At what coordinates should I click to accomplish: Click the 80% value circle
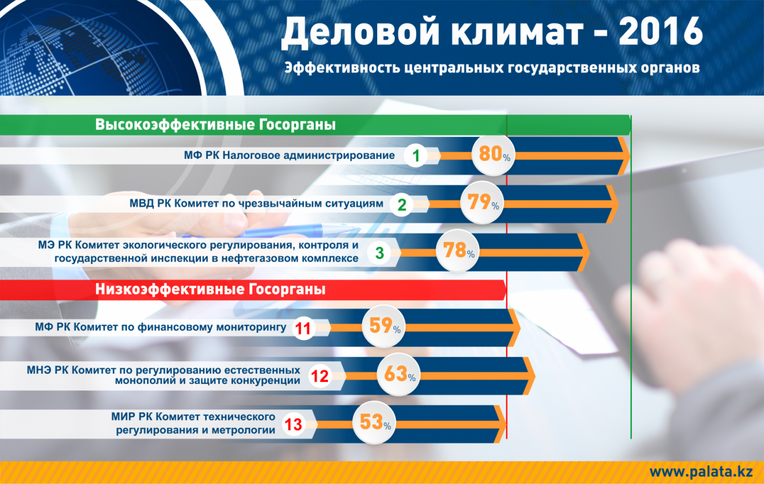pyautogui.click(x=493, y=155)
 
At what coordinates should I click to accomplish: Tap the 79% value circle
pyautogui.click(x=482, y=203)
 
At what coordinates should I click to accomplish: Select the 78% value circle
pyautogui.click(x=458, y=251)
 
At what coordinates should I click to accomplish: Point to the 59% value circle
pyautogui.click(x=384, y=326)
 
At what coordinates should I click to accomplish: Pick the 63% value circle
pyautogui.click(x=399, y=375)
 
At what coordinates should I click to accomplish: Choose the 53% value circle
pyautogui.click(x=374, y=423)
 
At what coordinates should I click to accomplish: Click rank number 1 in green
pyautogui.click(x=416, y=156)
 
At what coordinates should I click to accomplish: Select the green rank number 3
pyautogui.click(x=380, y=253)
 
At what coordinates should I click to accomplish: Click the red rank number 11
pyautogui.click(x=303, y=329)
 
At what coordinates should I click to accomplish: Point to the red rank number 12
pyautogui.click(x=320, y=376)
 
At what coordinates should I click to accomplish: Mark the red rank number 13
pyautogui.click(x=293, y=425)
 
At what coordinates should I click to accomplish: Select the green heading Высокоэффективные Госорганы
pyautogui.click(x=215, y=125)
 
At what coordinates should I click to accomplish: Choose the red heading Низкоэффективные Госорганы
pyautogui.click(x=210, y=289)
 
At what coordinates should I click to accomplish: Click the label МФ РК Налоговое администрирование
pyautogui.click(x=289, y=155)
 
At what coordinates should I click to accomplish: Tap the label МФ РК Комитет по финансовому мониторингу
pyautogui.click(x=161, y=327)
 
